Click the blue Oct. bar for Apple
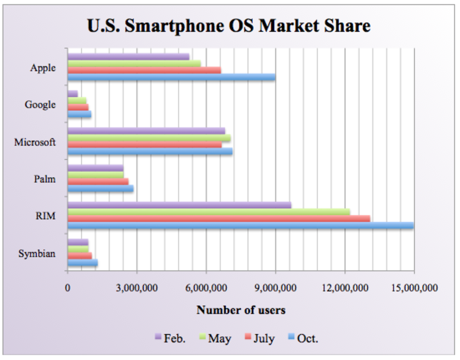171,77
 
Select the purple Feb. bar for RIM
179,205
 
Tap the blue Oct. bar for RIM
240,225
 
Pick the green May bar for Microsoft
149,138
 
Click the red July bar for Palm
98,182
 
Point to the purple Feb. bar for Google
73,94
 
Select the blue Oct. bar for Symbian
83,263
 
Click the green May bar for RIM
209,212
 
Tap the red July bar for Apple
144,70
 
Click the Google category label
40,105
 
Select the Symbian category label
37,254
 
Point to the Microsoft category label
35,142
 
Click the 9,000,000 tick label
276,288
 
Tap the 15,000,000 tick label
414,288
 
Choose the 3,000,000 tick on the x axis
137,288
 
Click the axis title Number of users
241,310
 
